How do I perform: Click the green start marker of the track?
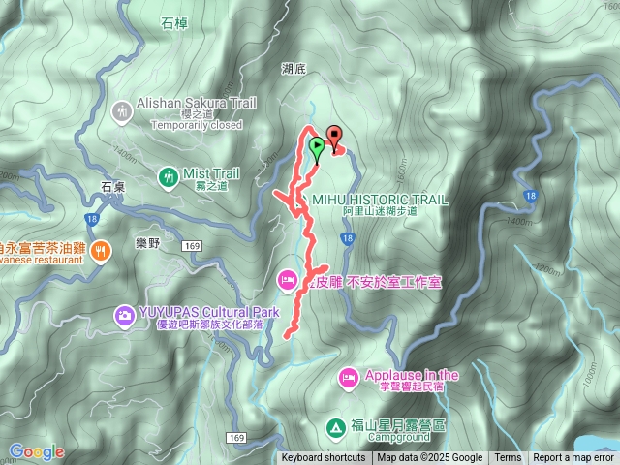317,147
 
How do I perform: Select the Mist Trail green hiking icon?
169,176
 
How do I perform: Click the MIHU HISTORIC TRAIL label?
381,200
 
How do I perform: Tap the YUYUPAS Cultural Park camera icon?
124,314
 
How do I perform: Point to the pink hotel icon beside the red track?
288,281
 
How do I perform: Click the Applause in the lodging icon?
349,375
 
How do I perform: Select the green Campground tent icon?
334,426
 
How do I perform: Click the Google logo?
37,451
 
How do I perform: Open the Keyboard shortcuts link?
324,458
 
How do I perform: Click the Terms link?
508,458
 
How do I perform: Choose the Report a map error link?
573,458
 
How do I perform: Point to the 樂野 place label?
147,243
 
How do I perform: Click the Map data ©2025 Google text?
430,458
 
